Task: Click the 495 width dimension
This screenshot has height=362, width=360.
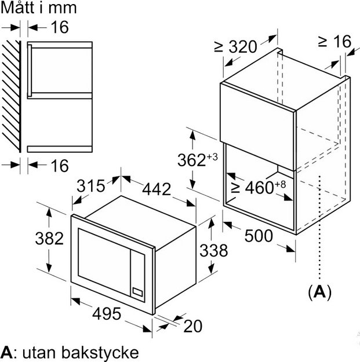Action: (x=107, y=313)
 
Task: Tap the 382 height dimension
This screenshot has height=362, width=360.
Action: (x=49, y=239)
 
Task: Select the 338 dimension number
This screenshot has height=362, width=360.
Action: (x=213, y=250)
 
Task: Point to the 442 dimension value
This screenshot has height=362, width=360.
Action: (x=157, y=189)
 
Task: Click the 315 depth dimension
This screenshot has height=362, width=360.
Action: (x=91, y=186)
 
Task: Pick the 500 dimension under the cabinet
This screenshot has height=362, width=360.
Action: (x=259, y=236)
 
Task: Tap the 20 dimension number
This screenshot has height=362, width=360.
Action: (x=192, y=326)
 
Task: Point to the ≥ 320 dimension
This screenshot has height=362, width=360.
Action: (x=235, y=47)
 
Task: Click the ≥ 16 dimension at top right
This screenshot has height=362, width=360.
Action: (x=334, y=42)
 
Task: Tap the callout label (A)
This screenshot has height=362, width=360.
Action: (x=320, y=292)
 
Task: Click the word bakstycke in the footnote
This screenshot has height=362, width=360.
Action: (x=100, y=353)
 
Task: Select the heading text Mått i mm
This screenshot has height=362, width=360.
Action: (x=39, y=8)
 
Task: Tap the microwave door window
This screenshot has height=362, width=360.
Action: (x=104, y=262)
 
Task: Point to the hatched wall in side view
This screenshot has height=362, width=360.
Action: (x=12, y=97)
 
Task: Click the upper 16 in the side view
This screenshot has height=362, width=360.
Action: (x=60, y=27)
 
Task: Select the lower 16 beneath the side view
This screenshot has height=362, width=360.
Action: (x=60, y=166)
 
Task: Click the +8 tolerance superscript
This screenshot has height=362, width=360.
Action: (x=281, y=184)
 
